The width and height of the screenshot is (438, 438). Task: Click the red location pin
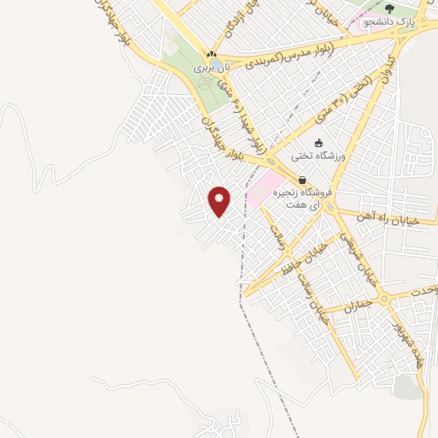click(220, 200)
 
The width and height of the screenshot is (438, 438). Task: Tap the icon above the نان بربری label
click(211, 53)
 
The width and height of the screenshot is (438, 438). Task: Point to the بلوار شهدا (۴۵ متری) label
click(233, 107)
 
